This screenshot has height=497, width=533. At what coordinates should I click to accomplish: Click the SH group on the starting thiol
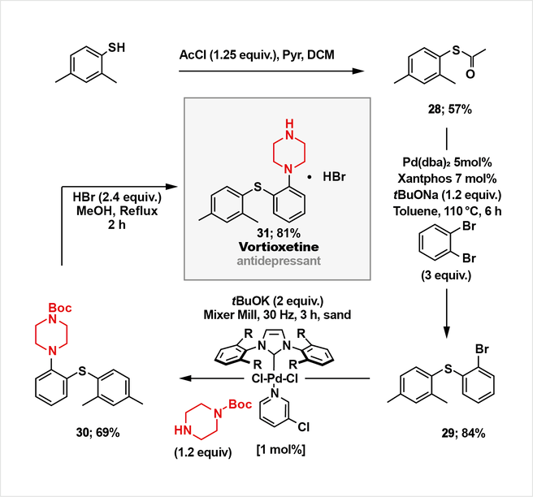tap(117, 48)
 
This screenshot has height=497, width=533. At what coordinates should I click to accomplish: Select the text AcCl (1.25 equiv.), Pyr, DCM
tap(257, 55)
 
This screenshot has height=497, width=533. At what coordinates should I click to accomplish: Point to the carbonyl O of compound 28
tap(470, 74)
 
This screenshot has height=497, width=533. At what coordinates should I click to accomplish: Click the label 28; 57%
tap(450, 110)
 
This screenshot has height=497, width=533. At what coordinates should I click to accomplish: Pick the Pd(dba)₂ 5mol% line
tap(447, 162)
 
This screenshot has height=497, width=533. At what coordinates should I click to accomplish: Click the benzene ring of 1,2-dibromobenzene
tap(435, 244)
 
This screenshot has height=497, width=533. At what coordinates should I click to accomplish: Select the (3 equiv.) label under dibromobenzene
tap(446, 275)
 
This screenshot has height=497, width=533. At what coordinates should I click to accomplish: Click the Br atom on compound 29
tap(482, 349)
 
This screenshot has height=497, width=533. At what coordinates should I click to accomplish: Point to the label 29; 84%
tap(463, 434)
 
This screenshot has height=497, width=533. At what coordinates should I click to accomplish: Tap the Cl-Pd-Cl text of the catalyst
tap(275, 378)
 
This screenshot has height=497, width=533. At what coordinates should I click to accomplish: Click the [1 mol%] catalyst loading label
tap(281, 450)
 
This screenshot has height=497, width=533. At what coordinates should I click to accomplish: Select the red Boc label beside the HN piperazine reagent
tap(240, 404)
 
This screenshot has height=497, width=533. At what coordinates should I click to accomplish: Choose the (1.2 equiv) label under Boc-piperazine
tap(203, 452)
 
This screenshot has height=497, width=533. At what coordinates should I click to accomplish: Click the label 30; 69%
tap(97, 433)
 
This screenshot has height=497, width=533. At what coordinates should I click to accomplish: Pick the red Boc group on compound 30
tap(60, 308)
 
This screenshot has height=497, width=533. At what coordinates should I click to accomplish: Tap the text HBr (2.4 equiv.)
tap(117, 197)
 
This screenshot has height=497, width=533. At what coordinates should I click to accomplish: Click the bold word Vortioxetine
tap(279, 247)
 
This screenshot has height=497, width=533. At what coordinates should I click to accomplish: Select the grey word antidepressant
tap(279, 261)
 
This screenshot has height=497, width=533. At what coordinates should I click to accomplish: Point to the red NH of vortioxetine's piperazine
tap(289, 130)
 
